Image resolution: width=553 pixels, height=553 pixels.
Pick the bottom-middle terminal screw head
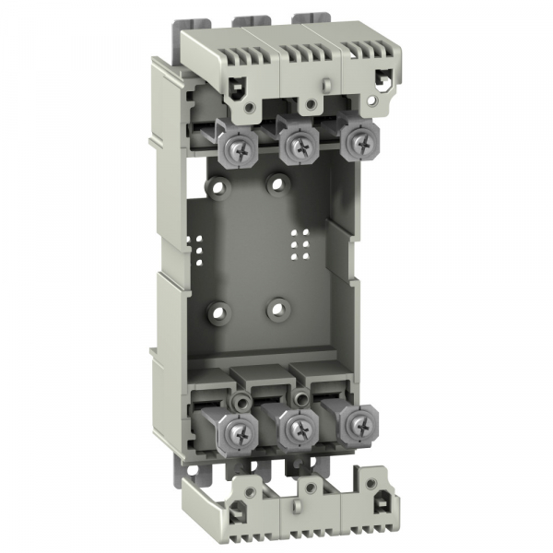coord(298,426)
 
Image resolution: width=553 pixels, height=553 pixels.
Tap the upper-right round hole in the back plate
coord(275,183)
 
